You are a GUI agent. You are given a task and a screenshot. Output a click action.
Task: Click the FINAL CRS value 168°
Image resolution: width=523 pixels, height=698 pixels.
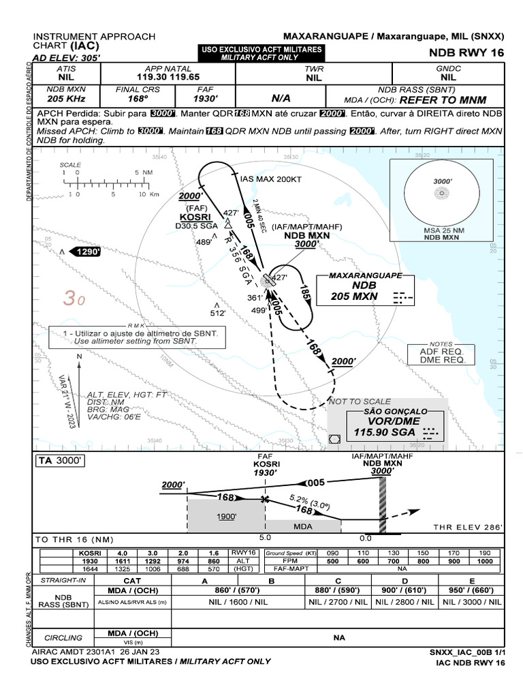point(146,99)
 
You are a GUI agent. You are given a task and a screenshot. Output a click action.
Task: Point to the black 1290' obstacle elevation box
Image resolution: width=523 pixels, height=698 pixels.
point(86,252)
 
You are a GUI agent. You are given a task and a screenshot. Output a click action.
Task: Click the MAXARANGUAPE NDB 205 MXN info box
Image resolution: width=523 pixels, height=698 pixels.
point(358,288)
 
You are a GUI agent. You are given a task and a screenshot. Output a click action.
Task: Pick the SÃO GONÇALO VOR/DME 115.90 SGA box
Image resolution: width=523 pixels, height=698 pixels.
point(387,424)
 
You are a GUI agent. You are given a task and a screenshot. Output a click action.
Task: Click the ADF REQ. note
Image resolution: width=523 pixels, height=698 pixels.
point(446,351)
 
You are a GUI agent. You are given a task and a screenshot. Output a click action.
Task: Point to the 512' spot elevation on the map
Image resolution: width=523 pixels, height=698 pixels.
point(217,313)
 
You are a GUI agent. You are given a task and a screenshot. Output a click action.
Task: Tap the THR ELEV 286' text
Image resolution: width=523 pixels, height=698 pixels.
point(468,527)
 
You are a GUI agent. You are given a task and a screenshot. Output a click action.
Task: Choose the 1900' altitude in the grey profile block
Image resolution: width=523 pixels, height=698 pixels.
point(227,516)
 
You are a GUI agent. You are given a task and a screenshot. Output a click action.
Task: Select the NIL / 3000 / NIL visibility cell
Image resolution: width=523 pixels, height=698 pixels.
point(472,602)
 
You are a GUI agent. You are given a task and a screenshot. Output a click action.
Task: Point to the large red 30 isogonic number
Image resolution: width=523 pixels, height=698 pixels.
point(74,299)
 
